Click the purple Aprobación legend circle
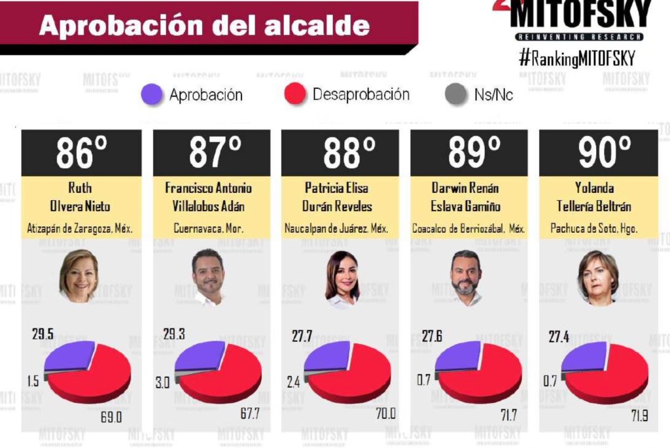152,95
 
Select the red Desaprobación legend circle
296,94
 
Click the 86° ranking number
81,153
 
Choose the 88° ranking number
340,153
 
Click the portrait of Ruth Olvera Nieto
79,275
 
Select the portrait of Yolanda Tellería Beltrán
597,277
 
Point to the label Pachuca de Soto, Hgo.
597,229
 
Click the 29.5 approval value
43,334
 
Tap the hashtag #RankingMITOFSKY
576,58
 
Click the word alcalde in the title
322,26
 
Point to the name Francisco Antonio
208,188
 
